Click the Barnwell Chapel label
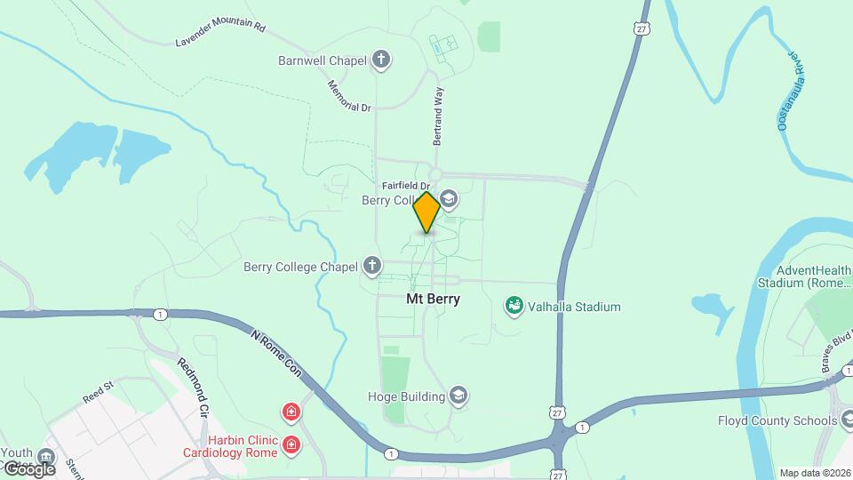pyautogui.click(x=323, y=61)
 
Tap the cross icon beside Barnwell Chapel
pyautogui.click(x=382, y=61)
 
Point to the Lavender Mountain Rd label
pyautogui.click(x=220, y=35)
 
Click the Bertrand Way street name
pyautogui.click(x=437, y=116)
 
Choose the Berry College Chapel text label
pyautogui.click(x=300, y=266)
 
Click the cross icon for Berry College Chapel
pyautogui.click(x=372, y=266)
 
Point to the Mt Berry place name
pyautogui.click(x=434, y=299)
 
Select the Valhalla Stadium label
pyautogui.click(x=573, y=307)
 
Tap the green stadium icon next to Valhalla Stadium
pyautogui.click(x=513, y=307)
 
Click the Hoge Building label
pyautogui.click(x=406, y=396)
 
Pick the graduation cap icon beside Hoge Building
pyautogui.click(x=458, y=396)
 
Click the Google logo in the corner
pyautogui.click(x=29, y=468)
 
